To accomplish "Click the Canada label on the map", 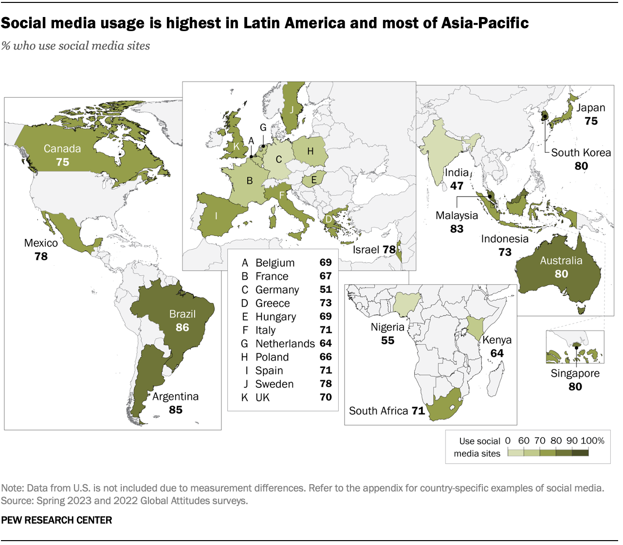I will (62, 149).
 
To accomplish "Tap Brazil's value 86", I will (183, 327).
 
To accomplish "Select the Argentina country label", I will (175, 397).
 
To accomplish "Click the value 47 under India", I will (457, 186).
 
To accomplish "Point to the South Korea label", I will (581, 153).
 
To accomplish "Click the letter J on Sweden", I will (292, 110).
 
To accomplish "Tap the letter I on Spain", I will (216, 216).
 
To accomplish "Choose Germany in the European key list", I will (277, 290).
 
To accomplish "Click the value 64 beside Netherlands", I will (326, 344).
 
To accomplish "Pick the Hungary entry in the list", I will (275, 317).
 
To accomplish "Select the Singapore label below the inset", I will (575, 374).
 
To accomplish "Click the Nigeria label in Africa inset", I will (387, 327).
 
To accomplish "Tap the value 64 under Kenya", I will (497, 353).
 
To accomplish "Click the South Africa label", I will (378, 411).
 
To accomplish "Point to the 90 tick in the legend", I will (572, 441).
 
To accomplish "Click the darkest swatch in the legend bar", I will (580, 453).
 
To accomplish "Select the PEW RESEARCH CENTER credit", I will (56, 520).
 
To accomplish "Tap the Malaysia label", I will (457, 216).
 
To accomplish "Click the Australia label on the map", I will (561, 261).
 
